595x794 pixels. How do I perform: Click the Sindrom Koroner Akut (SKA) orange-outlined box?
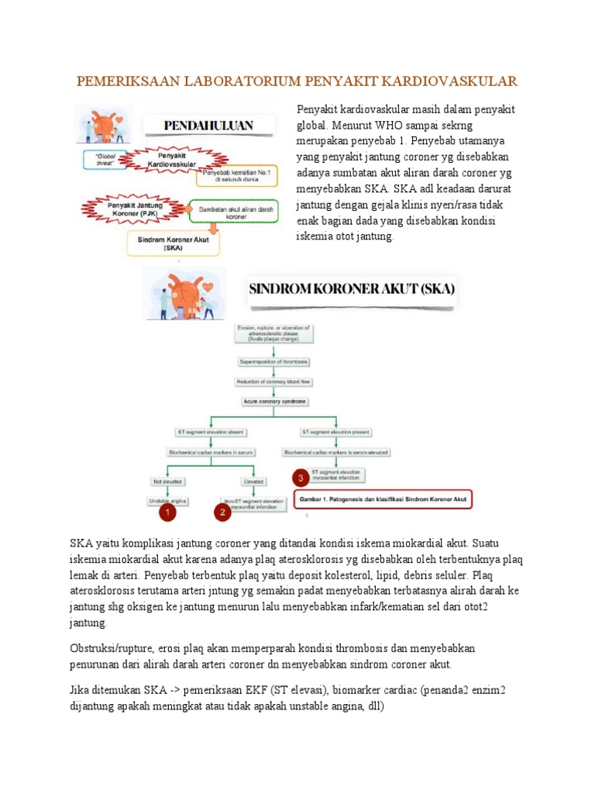(173, 244)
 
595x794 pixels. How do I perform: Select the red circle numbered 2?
(222, 513)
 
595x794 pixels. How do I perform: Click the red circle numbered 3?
(301, 478)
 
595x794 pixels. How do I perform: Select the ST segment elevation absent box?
(205, 432)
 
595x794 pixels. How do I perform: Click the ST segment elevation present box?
(335, 432)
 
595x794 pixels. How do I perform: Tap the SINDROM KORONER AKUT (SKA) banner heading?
(352, 292)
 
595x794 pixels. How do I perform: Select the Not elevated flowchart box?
(167, 481)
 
